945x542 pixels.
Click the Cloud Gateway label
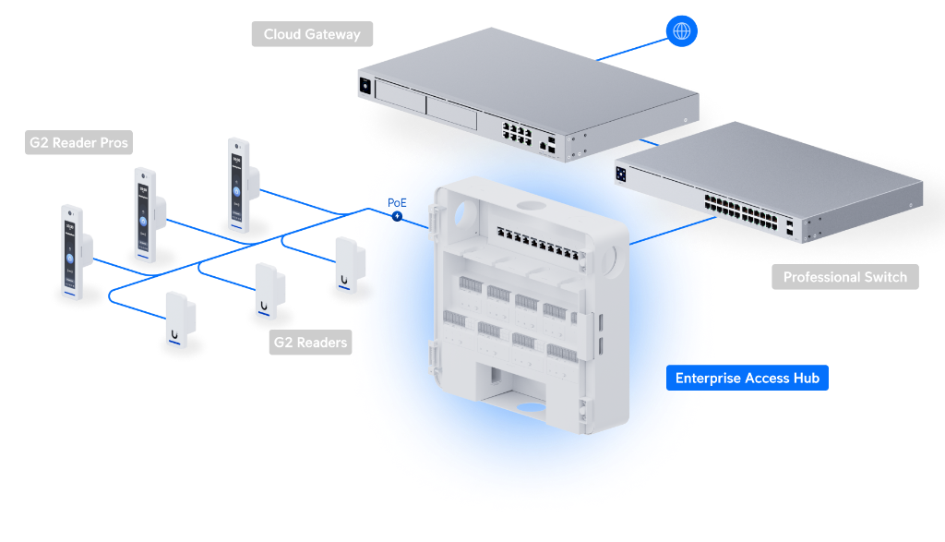pos(312,34)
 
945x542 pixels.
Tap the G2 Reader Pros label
pos(79,143)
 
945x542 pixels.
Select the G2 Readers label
pos(310,343)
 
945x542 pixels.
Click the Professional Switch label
pos(845,277)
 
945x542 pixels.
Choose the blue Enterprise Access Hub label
pos(748,378)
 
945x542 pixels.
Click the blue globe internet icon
pos(682,30)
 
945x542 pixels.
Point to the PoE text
pos(397,202)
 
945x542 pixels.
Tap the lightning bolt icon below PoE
pos(397,216)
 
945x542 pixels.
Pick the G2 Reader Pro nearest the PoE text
pos(243,185)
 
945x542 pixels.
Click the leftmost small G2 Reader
pos(180,320)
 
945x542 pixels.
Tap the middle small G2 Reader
pos(269,291)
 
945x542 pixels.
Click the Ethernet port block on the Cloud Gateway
pos(517,134)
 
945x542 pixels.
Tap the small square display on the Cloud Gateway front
pos(365,86)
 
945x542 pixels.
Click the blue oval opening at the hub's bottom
pos(531,407)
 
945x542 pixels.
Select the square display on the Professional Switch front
pos(621,175)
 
